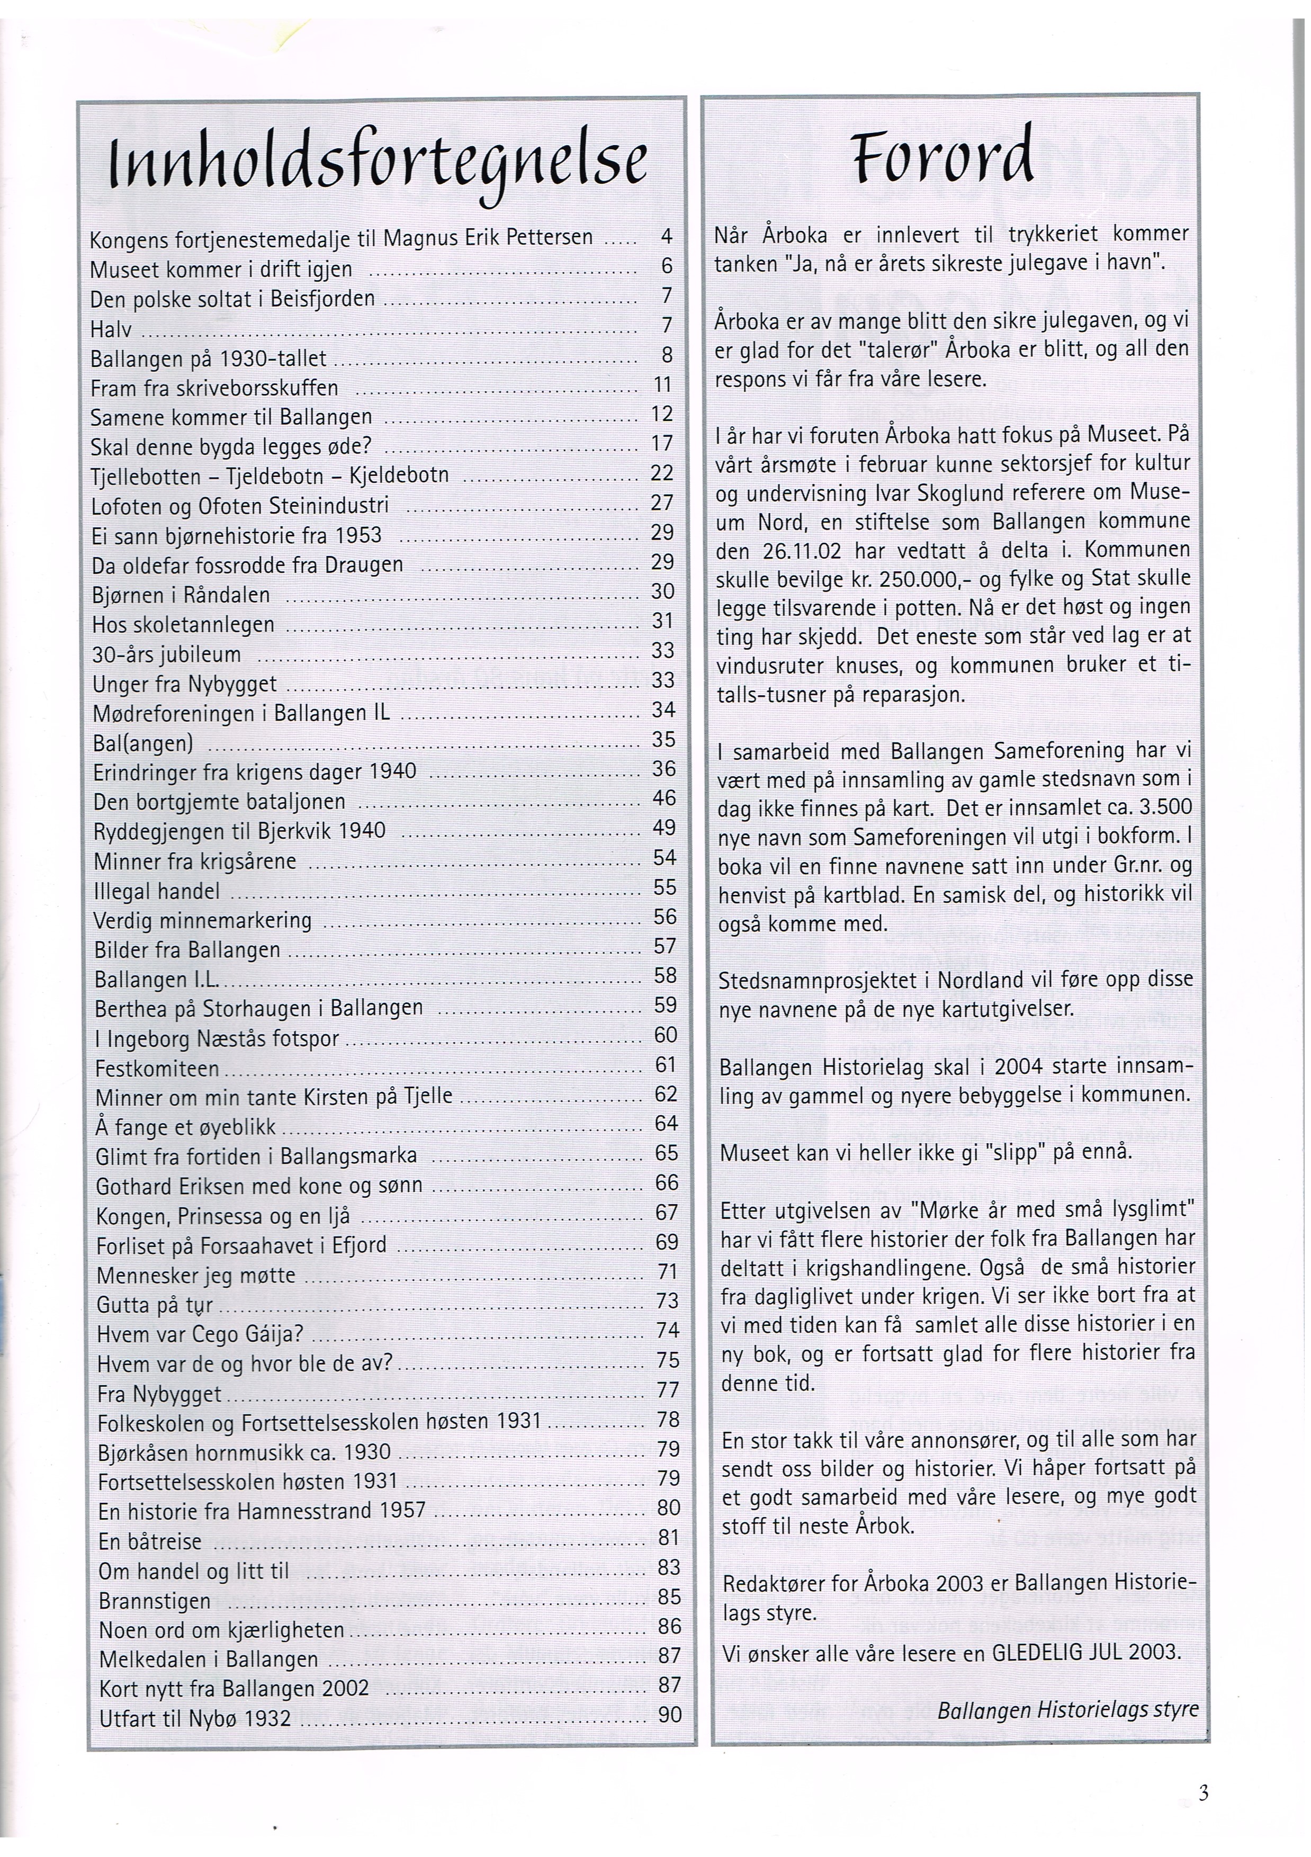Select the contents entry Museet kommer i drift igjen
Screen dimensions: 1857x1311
coord(221,268)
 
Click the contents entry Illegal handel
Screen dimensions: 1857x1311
coord(157,891)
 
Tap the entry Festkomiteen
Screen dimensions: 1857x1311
coord(158,1069)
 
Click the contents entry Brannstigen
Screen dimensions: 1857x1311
coord(155,1601)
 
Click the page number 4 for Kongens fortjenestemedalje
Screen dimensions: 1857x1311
coord(667,237)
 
